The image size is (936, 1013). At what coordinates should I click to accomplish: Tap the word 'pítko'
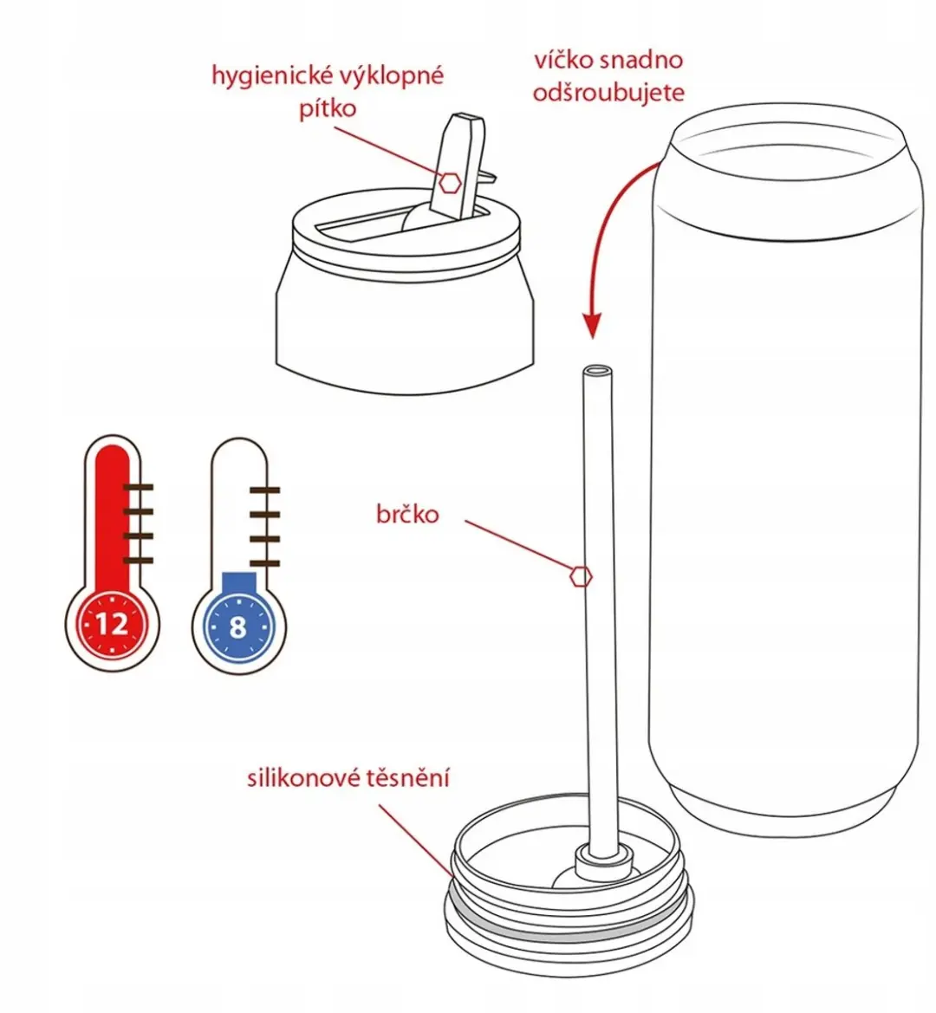click(328, 108)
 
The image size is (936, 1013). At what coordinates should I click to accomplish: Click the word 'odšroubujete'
click(608, 93)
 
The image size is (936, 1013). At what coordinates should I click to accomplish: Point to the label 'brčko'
click(407, 514)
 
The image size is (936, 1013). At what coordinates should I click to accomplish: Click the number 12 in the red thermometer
click(112, 624)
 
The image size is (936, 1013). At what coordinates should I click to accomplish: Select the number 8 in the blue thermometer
click(238, 627)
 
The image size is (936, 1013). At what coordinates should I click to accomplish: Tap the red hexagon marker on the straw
click(581, 576)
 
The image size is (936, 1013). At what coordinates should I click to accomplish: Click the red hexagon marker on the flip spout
click(450, 184)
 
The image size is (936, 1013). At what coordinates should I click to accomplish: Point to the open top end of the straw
click(597, 372)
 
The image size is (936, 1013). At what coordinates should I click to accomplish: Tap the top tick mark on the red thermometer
click(138, 487)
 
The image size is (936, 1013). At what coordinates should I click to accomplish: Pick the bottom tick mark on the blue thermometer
click(264, 563)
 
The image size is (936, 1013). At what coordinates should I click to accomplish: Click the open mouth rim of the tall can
click(787, 138)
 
